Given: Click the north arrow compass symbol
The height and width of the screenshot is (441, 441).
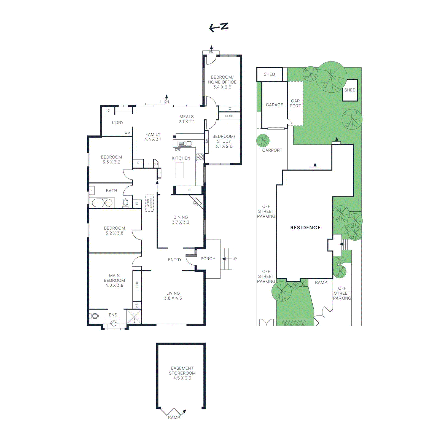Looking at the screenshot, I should tap(219, 27).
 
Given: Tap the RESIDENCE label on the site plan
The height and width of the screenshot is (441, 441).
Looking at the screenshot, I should tap(305, 228).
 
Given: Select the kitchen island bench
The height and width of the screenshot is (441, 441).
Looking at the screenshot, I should tap(180, 170).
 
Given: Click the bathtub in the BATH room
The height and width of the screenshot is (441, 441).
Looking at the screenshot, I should tap(102, 203).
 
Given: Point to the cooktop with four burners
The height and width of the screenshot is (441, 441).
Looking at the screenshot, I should tap(200, 157).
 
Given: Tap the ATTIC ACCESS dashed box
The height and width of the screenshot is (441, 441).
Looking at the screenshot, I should tap(149, 203).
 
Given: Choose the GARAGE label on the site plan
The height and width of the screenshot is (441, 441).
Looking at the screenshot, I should tap(274, 105).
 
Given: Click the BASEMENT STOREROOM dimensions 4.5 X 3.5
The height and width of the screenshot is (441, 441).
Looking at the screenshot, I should tap(182, 378).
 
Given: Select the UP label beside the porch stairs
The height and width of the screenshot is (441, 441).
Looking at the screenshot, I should tap(235, 259).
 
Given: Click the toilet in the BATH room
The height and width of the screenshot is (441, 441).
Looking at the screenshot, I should tap(125, 203).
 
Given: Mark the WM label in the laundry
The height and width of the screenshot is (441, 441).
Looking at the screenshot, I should tap(127, 133).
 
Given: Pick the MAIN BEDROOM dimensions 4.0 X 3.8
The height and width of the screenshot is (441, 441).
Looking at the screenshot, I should tap(114, 286).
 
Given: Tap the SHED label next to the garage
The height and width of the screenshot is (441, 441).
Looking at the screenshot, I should tap(269, 74).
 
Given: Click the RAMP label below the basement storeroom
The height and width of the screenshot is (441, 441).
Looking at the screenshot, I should tap(174, 418).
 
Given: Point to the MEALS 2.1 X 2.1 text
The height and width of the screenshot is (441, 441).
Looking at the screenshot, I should tap(186, 119).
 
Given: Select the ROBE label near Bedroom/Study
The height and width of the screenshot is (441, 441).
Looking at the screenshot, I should tap(229, 116).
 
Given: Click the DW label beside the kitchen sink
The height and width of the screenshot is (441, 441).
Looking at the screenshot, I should tap(178, 150).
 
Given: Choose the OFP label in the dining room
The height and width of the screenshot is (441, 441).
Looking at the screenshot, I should tap(196, 203).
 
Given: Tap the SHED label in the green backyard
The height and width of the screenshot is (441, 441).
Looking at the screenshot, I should tap(350, 90).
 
